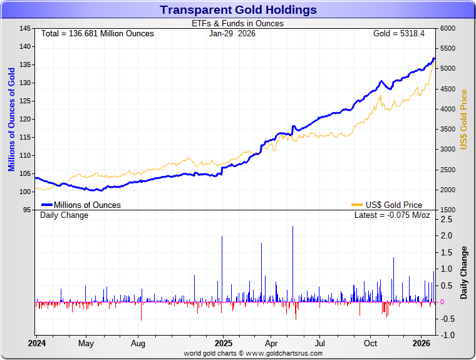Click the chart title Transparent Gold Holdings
coord(238,10)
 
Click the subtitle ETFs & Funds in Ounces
coord(237,24)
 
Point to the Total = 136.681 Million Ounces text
coord(97,33)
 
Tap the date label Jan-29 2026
coord(232,33)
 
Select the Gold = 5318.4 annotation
coord(399,33)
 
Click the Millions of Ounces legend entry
coord(81,205)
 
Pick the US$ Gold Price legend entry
coord(386,205)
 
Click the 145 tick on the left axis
coord(25,29)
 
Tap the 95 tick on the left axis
coord(27,210)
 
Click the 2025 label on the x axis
coord(224,343)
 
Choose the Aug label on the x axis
coord(138,343)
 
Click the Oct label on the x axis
coord(371,343)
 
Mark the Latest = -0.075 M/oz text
coord(393,215)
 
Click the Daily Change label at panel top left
coord(65,215)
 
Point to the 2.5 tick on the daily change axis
coord(447,220)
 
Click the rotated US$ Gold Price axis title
coord(464,120)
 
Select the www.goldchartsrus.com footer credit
coord(253,354)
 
